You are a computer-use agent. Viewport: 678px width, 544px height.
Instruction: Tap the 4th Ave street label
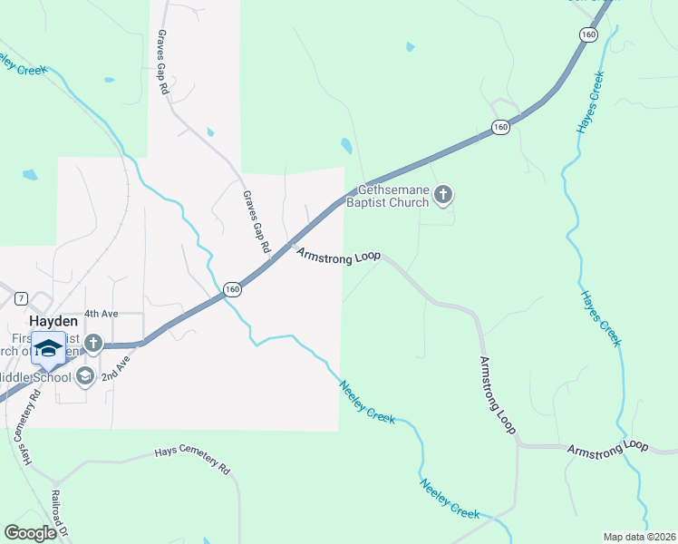[102, 314]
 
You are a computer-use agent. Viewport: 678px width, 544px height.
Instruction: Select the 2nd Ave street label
[115, 365]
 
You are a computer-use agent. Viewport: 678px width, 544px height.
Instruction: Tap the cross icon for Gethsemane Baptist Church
[443, 194]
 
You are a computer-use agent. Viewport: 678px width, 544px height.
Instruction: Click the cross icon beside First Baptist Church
[93, 344]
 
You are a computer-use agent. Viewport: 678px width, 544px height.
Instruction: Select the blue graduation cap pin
[48, 348]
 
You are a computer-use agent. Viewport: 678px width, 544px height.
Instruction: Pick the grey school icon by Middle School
[85, 376]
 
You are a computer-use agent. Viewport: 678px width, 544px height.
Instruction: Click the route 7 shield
[22, 297]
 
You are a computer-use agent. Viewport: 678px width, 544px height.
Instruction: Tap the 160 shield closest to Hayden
[233, 289]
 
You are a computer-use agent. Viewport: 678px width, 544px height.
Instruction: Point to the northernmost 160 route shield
[589, 34]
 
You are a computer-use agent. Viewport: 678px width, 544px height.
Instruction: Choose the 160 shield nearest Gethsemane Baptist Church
[500, 128]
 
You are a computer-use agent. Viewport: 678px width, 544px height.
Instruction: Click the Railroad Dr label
[59, 513]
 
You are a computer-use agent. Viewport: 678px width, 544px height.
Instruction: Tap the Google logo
[30, 533]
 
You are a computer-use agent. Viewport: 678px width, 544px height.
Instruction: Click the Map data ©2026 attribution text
[638, 537]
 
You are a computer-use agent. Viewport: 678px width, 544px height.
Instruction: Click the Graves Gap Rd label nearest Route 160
[257, 222]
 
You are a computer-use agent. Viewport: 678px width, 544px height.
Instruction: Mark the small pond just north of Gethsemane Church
[345, 145]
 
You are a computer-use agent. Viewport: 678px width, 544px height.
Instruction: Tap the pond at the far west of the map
[30, 174]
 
